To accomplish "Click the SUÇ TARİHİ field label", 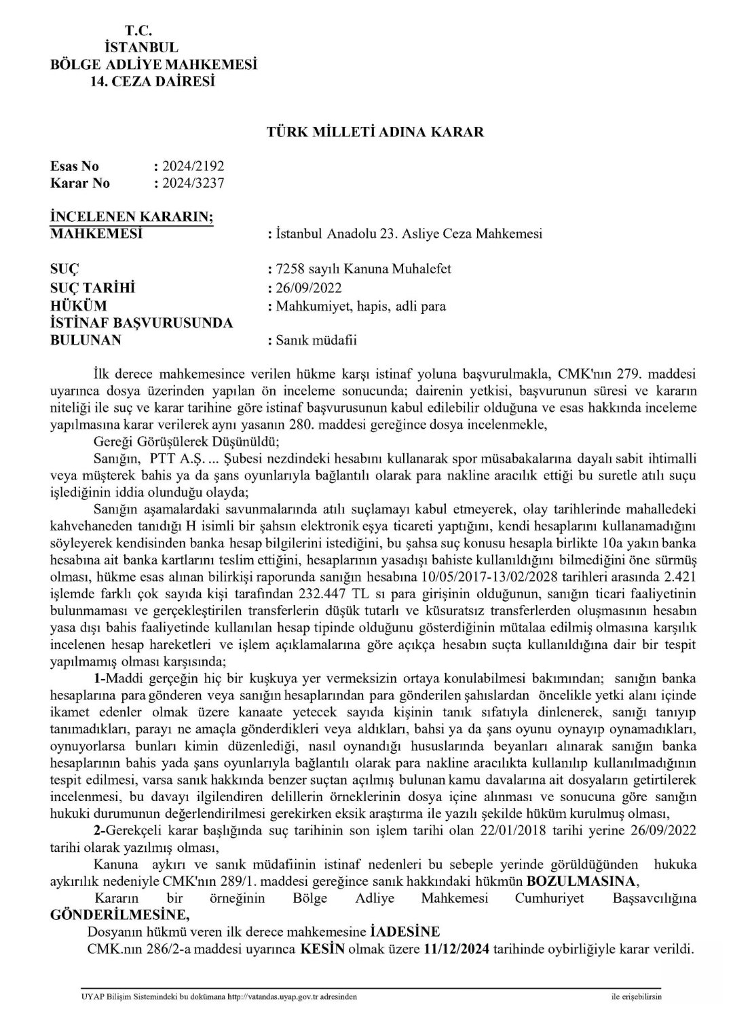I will (93, 288).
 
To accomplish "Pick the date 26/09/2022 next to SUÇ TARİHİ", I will (307, 288).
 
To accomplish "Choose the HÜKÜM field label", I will (79, 305).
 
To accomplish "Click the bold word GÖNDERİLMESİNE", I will (117, 912).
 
